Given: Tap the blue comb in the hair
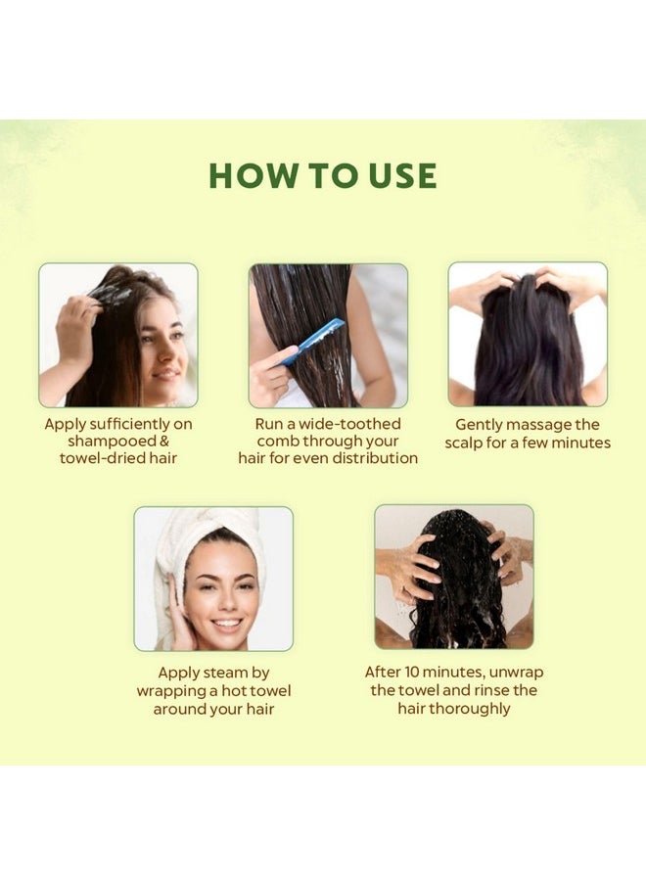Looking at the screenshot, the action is pyautogui.click(x=312, y=341).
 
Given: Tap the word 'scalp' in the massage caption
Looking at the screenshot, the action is pyautogui.click(x=464, y=442).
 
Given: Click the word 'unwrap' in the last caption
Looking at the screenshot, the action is pyautogui.click(x=516, y=673).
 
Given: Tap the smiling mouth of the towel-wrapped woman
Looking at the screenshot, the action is pyautogui.click(x=226, y=625).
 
